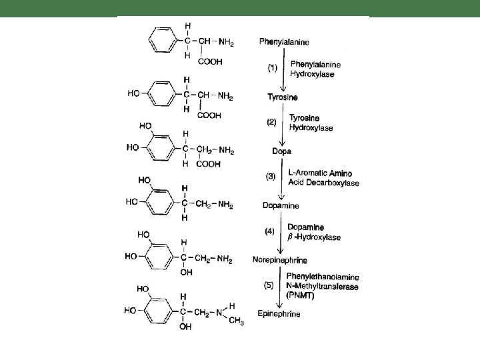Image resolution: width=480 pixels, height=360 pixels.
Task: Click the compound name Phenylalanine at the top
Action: (x=283, y=41)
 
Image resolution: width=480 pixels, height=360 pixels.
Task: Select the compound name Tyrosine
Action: (x=273, y=97)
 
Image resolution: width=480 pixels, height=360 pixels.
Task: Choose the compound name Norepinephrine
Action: (x=279, y=259)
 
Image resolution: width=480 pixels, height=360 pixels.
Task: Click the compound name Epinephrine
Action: (x=279, y=313)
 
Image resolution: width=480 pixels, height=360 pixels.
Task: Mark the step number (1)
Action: (x=273, y=67)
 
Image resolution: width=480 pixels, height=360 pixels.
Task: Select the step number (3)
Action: (x=273, y=177)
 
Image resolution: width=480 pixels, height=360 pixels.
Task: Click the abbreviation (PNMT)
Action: (x=302, y=295)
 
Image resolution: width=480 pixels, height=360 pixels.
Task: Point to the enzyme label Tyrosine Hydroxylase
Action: (x=311, y=121)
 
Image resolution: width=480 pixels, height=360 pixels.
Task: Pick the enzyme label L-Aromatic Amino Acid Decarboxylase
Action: (x=323, y=177)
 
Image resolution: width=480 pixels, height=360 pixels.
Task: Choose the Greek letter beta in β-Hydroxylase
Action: (x=290, y=237)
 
